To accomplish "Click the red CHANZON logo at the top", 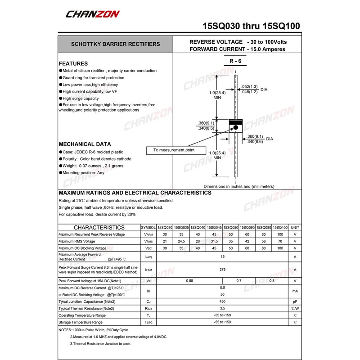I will pos(93,14).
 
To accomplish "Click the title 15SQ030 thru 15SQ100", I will pos(251,26).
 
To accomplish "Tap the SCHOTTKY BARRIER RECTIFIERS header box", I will pos(115,44).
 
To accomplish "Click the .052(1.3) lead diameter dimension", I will pos(250,86).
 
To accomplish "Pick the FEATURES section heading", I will pos(73,63).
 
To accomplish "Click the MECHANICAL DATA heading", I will pos(85,144).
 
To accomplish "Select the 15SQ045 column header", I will pos(214,228).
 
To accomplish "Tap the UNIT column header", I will pos(295,228).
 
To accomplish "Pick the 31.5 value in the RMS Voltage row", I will pos(214,241).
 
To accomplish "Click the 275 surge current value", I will pos(222,270).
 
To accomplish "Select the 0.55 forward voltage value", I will pos(189,281).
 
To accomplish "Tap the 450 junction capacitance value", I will pos(222,301).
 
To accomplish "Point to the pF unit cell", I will pos(295,301).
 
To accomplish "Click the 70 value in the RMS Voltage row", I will pos(280,241).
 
